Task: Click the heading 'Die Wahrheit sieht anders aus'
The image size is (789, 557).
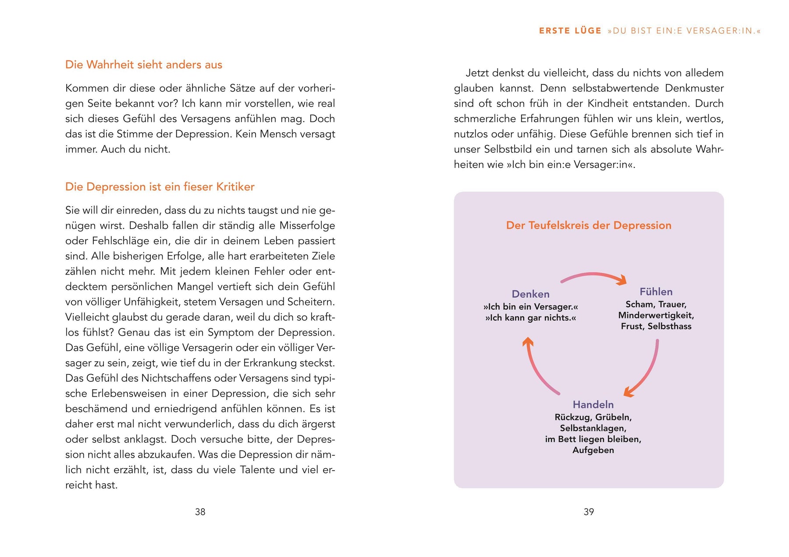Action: coord(143,65)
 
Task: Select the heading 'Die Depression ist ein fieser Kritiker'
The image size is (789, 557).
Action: coord(160,187)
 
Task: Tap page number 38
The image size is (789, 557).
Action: coord(200,512)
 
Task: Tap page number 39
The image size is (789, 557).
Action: coord(589,512)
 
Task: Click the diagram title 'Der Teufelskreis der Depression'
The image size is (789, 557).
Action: coord(589,226)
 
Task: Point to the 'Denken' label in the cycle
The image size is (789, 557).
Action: coord(530,294)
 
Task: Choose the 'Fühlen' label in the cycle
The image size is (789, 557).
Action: coord(656,292)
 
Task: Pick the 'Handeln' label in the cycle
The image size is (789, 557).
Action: coord(593,405)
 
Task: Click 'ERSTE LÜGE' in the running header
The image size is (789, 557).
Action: coord(570,31)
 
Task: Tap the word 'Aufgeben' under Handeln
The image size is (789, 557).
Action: coord(593,450)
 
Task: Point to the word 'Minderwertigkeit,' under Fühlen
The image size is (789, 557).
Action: coord(656,315)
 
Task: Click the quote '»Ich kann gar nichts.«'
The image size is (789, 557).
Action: coord(530,318)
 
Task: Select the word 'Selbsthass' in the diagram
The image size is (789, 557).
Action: coord(669,326)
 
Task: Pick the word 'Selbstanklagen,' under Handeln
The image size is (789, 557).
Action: coord(593,428)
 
